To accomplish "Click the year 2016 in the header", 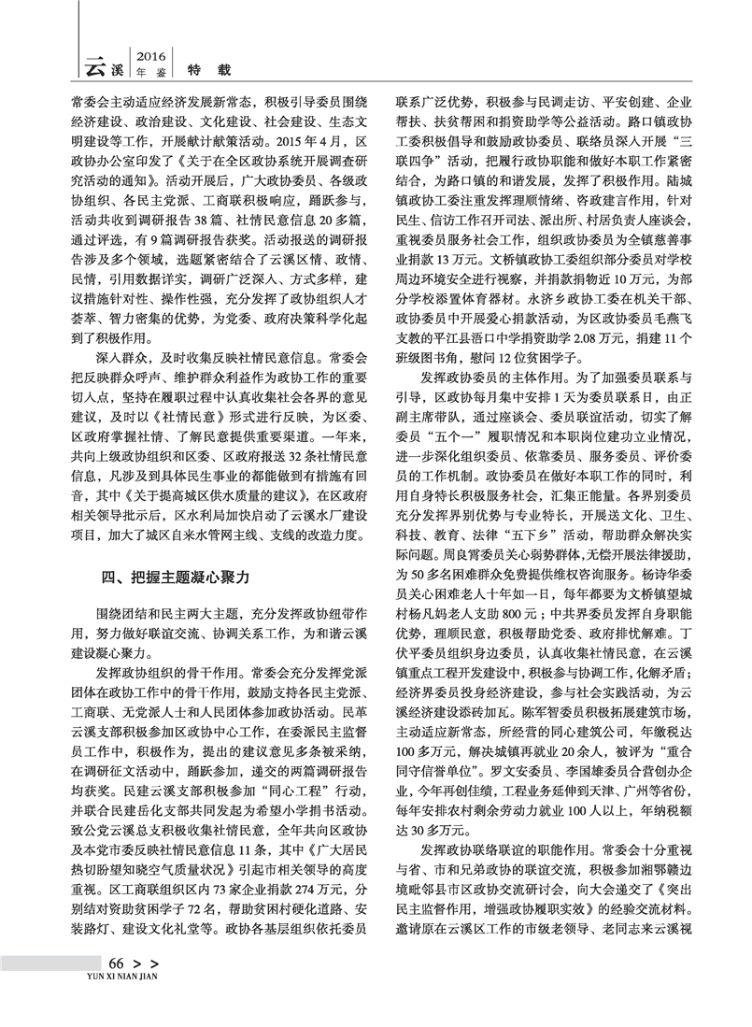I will coord(150,55).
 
